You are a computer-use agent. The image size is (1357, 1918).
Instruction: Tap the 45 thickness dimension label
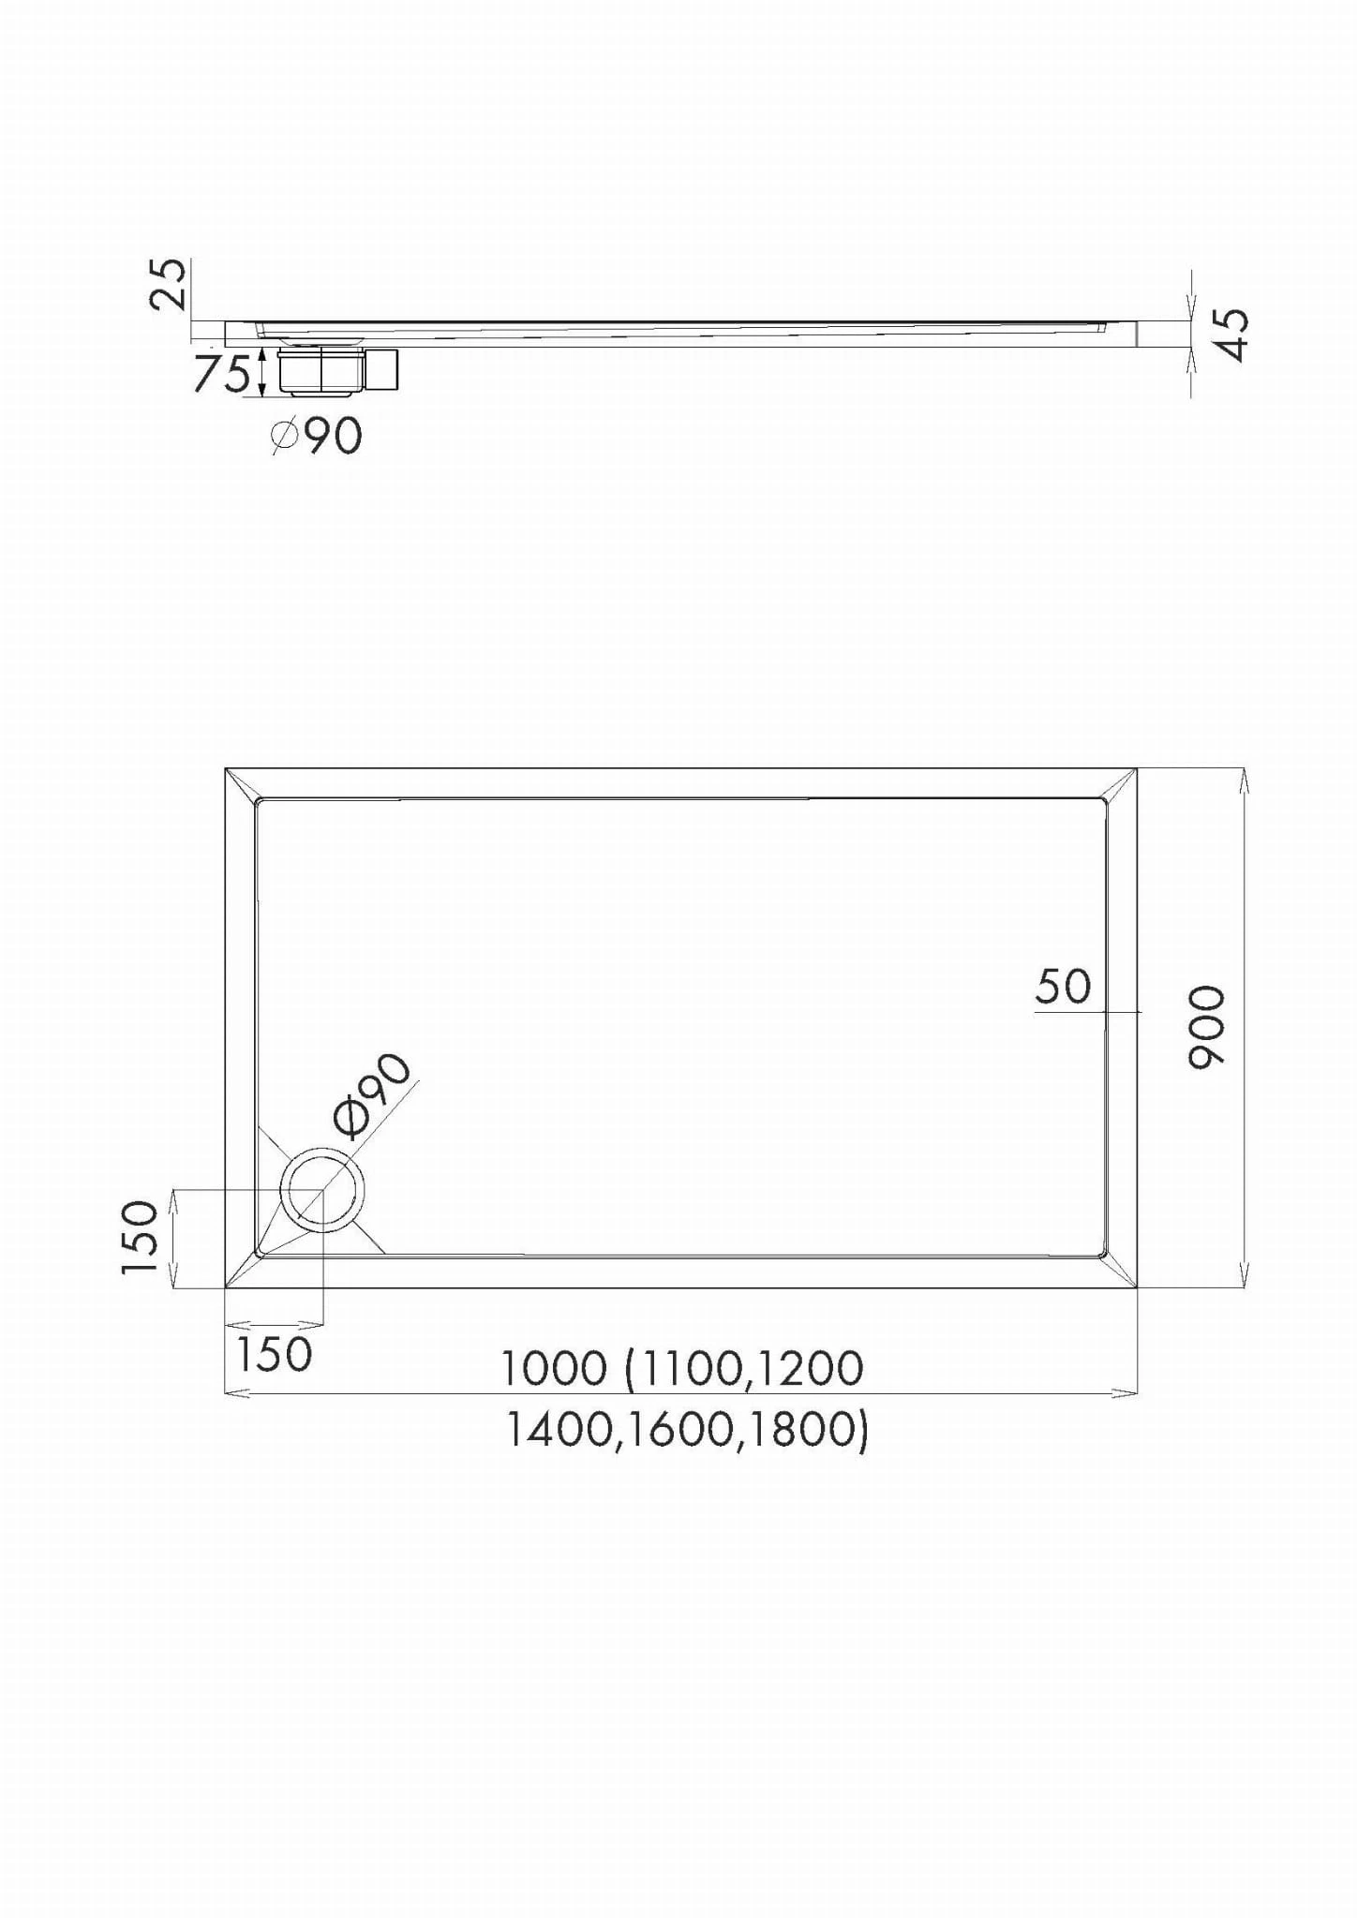1233,335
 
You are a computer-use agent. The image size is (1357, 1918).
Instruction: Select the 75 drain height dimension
222,373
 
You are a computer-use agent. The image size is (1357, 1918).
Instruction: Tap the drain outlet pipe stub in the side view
382,369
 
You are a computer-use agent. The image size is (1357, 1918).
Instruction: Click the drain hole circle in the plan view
322,1190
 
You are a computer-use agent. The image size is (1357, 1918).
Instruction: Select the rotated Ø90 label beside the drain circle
374,1094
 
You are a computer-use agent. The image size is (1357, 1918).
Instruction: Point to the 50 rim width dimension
1064,987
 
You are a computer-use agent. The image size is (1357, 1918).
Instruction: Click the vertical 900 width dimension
1207,1027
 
